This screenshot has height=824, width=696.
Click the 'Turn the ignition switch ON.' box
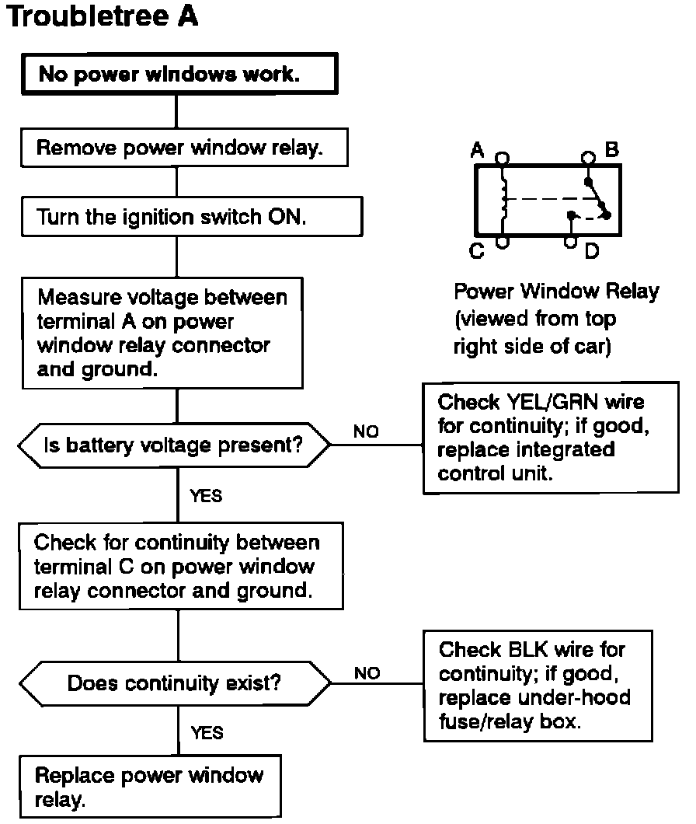point(172,217)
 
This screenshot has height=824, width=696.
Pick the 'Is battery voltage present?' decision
point(173,445)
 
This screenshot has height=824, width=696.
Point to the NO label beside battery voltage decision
point(366,431)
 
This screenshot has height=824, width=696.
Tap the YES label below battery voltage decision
point(206,495)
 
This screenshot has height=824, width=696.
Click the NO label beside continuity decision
point(367,673)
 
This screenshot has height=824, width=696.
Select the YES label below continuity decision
point(207,732)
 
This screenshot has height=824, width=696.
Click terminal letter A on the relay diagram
point(478,150)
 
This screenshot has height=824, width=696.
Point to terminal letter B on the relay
point(611,148)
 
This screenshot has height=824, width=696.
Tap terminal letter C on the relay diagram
point(478,250)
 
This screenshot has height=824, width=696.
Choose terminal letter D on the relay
point(591,251)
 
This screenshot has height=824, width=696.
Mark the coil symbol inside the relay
point(506,199)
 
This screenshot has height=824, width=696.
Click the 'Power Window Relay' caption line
point(556,292)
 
